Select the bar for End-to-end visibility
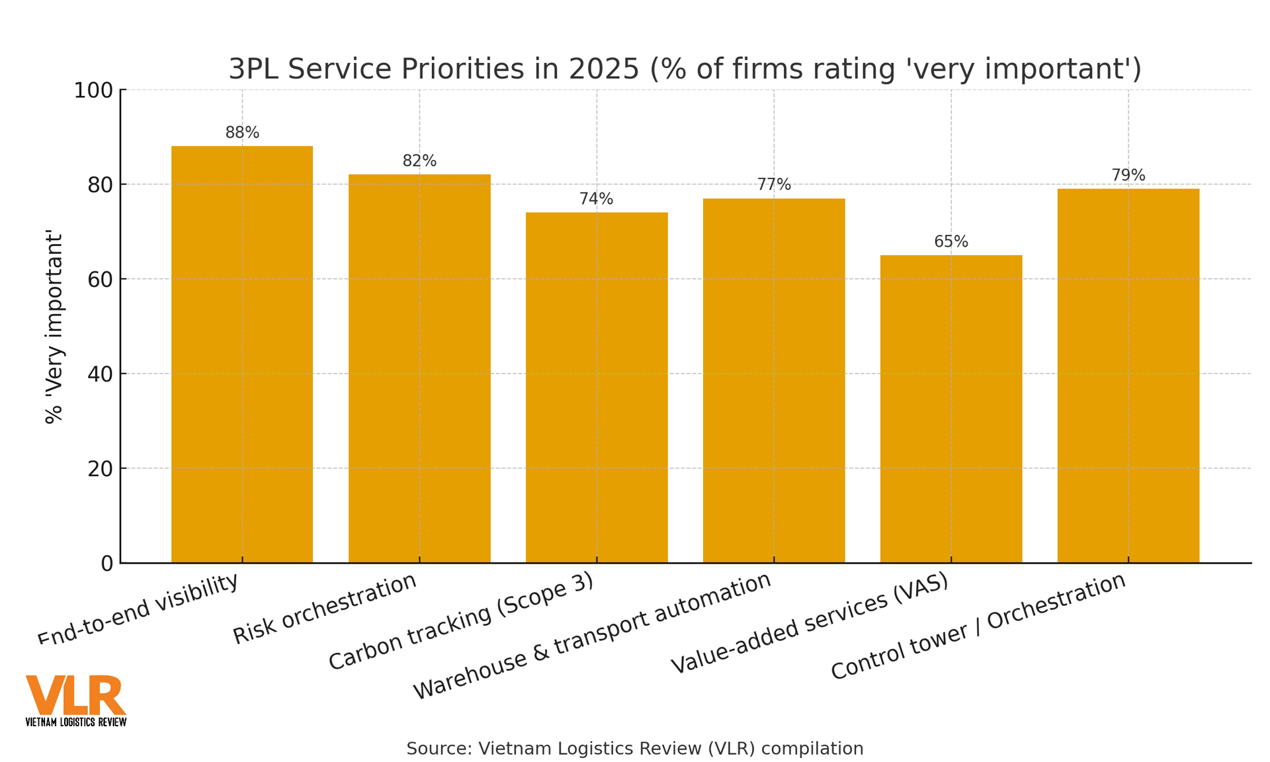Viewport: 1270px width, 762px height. click(x=242, y=354)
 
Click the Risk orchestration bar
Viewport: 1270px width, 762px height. click(x=419, y=368)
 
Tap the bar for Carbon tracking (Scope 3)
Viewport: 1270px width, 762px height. click(x=597, y=387)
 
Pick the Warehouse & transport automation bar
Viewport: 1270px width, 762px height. click(x=774, y=380)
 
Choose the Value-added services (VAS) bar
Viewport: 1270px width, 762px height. click(x=951, y=409)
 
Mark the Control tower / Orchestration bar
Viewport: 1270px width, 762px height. click(x=1128, y=376)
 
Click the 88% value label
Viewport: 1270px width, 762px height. click(x=242, y=132)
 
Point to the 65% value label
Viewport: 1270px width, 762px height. click(x=951, y=241)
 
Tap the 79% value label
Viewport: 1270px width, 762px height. click(x=1128, y=175)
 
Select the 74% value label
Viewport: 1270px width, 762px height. click(x=597, y=198)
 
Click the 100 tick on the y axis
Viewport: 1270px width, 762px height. click(x=93, y=90)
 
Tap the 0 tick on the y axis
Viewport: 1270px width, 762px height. click(x=107, y=564)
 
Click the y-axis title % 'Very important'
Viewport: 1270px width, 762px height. click(x=54, y=327)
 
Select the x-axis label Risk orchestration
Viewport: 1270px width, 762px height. click(x=325, y=609)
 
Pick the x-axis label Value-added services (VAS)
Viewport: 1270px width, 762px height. click(x=810, y=624)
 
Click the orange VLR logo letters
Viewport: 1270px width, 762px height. click(x=75, y=695)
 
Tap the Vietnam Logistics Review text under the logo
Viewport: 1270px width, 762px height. click(x=75, y=722)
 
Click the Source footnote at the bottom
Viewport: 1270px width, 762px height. click(x=635, y=748)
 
